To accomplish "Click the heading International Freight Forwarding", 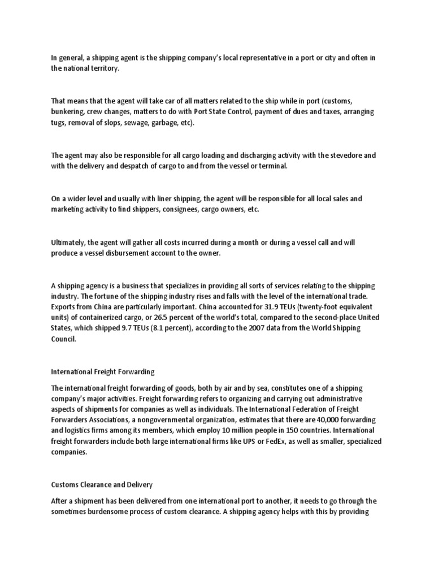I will [x=103, y=372].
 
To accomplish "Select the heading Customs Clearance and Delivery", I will [x=102, y=485].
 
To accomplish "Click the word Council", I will [x=63, y=339].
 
